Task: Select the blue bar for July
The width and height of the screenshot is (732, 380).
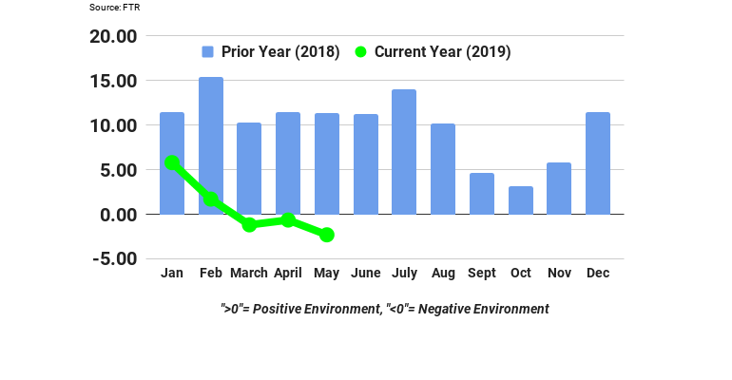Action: [405, 152]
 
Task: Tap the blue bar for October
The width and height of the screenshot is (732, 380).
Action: [521, 200]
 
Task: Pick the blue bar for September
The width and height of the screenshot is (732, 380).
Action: [482, 194]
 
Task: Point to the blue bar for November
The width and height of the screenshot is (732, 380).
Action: [559, 188]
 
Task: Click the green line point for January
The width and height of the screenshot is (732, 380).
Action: [172, 163]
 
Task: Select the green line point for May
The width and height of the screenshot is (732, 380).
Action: [327, 235]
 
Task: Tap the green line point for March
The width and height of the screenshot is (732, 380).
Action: [249, 225]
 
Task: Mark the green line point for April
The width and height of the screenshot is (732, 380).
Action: [288, 220]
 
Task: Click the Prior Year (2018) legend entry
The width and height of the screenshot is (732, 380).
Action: [271, 52]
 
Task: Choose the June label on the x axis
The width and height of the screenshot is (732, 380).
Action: [366, 274]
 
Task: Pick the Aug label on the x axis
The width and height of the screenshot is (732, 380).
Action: [443, 274]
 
